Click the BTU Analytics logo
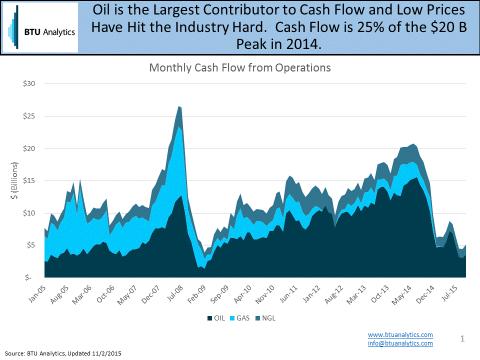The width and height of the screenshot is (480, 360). [x=40, y=27]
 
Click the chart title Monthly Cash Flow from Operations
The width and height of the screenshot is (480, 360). [x=240, y=67]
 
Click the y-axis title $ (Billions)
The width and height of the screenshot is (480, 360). [x=13, y=180]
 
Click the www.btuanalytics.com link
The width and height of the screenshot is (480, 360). [x=400, y=334]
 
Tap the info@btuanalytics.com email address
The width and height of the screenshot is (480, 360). [x=400, y=343]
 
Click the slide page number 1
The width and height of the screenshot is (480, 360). [x=462, y=339]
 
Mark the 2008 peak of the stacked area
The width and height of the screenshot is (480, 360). [x=179, y=106]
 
